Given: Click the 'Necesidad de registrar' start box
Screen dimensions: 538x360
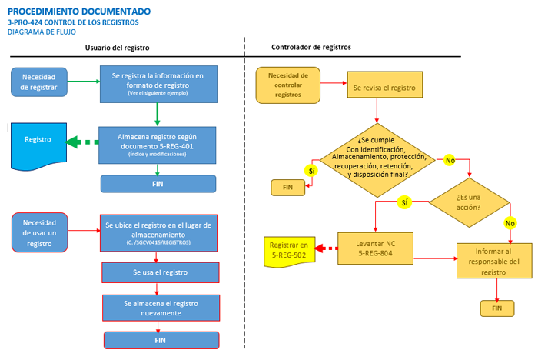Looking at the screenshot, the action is pyautogui.click(x=39, y=82).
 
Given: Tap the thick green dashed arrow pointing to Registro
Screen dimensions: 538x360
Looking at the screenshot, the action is pyautogui.click(x=82, y=142).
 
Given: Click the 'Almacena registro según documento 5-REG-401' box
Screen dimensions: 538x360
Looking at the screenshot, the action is pyautogui.click(x=157, y=145).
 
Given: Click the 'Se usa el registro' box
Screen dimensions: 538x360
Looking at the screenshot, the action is pyautogui.click(x=160, y=272).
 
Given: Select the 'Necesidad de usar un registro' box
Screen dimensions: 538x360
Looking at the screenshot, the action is pyautogui.click(x=40, y=232).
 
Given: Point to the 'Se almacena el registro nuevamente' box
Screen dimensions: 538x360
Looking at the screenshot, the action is pyautogui.click(x=161, y=308).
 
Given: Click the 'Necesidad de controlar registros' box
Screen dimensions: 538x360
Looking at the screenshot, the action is pyautogui.click(x=288, y=85).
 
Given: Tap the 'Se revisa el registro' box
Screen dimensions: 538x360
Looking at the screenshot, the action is pyautogui.click(x=384, y=85).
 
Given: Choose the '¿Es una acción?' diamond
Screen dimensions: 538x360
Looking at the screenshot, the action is pyautogui.click(x=469, y=202).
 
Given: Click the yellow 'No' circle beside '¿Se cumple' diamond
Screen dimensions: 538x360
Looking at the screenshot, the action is pyautogui.click(x=450, y=160).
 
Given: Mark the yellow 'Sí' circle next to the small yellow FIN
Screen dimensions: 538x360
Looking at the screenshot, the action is pyautogui.click(x=311, y=171).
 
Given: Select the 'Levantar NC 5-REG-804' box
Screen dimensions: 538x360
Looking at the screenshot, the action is pyautogui.click(x=375, y=248).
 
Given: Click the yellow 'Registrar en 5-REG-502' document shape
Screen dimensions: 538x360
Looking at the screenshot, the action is pyautogui.click(x=289, y=252).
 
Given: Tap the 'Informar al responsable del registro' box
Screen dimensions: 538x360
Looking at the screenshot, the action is pyautogui.click(x=494, y=261).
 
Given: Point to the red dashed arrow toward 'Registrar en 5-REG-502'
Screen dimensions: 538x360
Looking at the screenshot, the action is pyautogui.click(x=326, y=248).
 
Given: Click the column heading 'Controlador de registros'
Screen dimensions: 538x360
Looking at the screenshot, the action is pyautogui.click(x=311, y=47).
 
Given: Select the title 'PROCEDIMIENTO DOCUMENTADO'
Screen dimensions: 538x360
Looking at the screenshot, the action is pyautogui.click(x=79, y=12).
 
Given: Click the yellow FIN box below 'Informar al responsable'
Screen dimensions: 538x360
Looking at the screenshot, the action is pyautogui.click(x=497, y=308).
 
